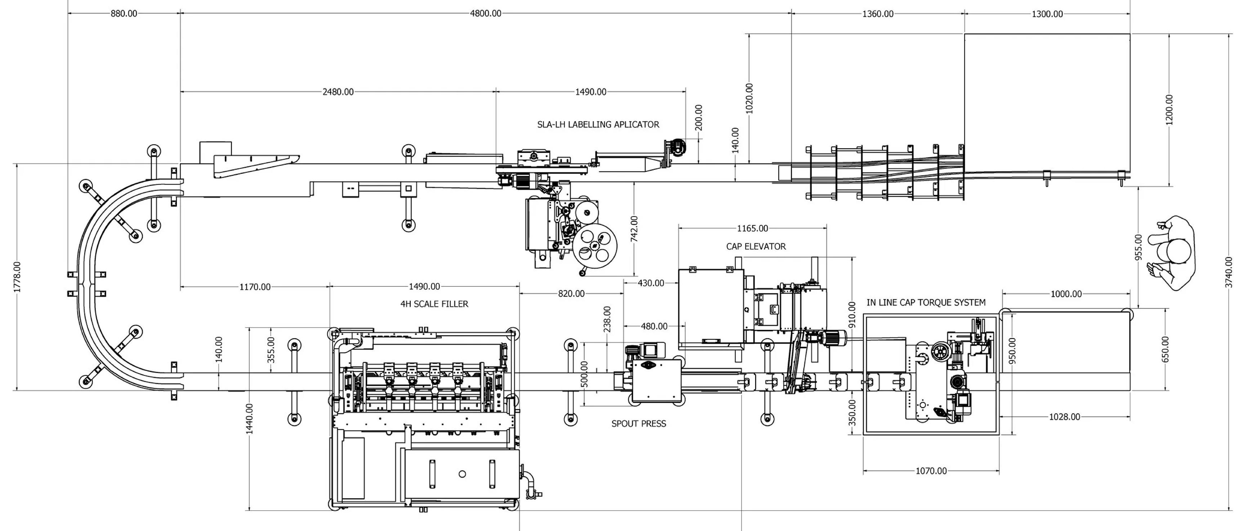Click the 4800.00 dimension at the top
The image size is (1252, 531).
point(486,14)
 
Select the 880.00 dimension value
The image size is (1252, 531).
point(124,14)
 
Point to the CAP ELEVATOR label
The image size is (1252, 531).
point(756,247)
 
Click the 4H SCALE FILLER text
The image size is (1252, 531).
point(435,304)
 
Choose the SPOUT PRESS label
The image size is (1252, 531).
point(639,424)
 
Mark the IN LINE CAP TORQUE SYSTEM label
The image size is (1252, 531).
point(926,302)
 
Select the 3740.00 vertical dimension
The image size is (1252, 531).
point(1229,272)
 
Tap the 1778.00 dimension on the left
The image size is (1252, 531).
point(17,277)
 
